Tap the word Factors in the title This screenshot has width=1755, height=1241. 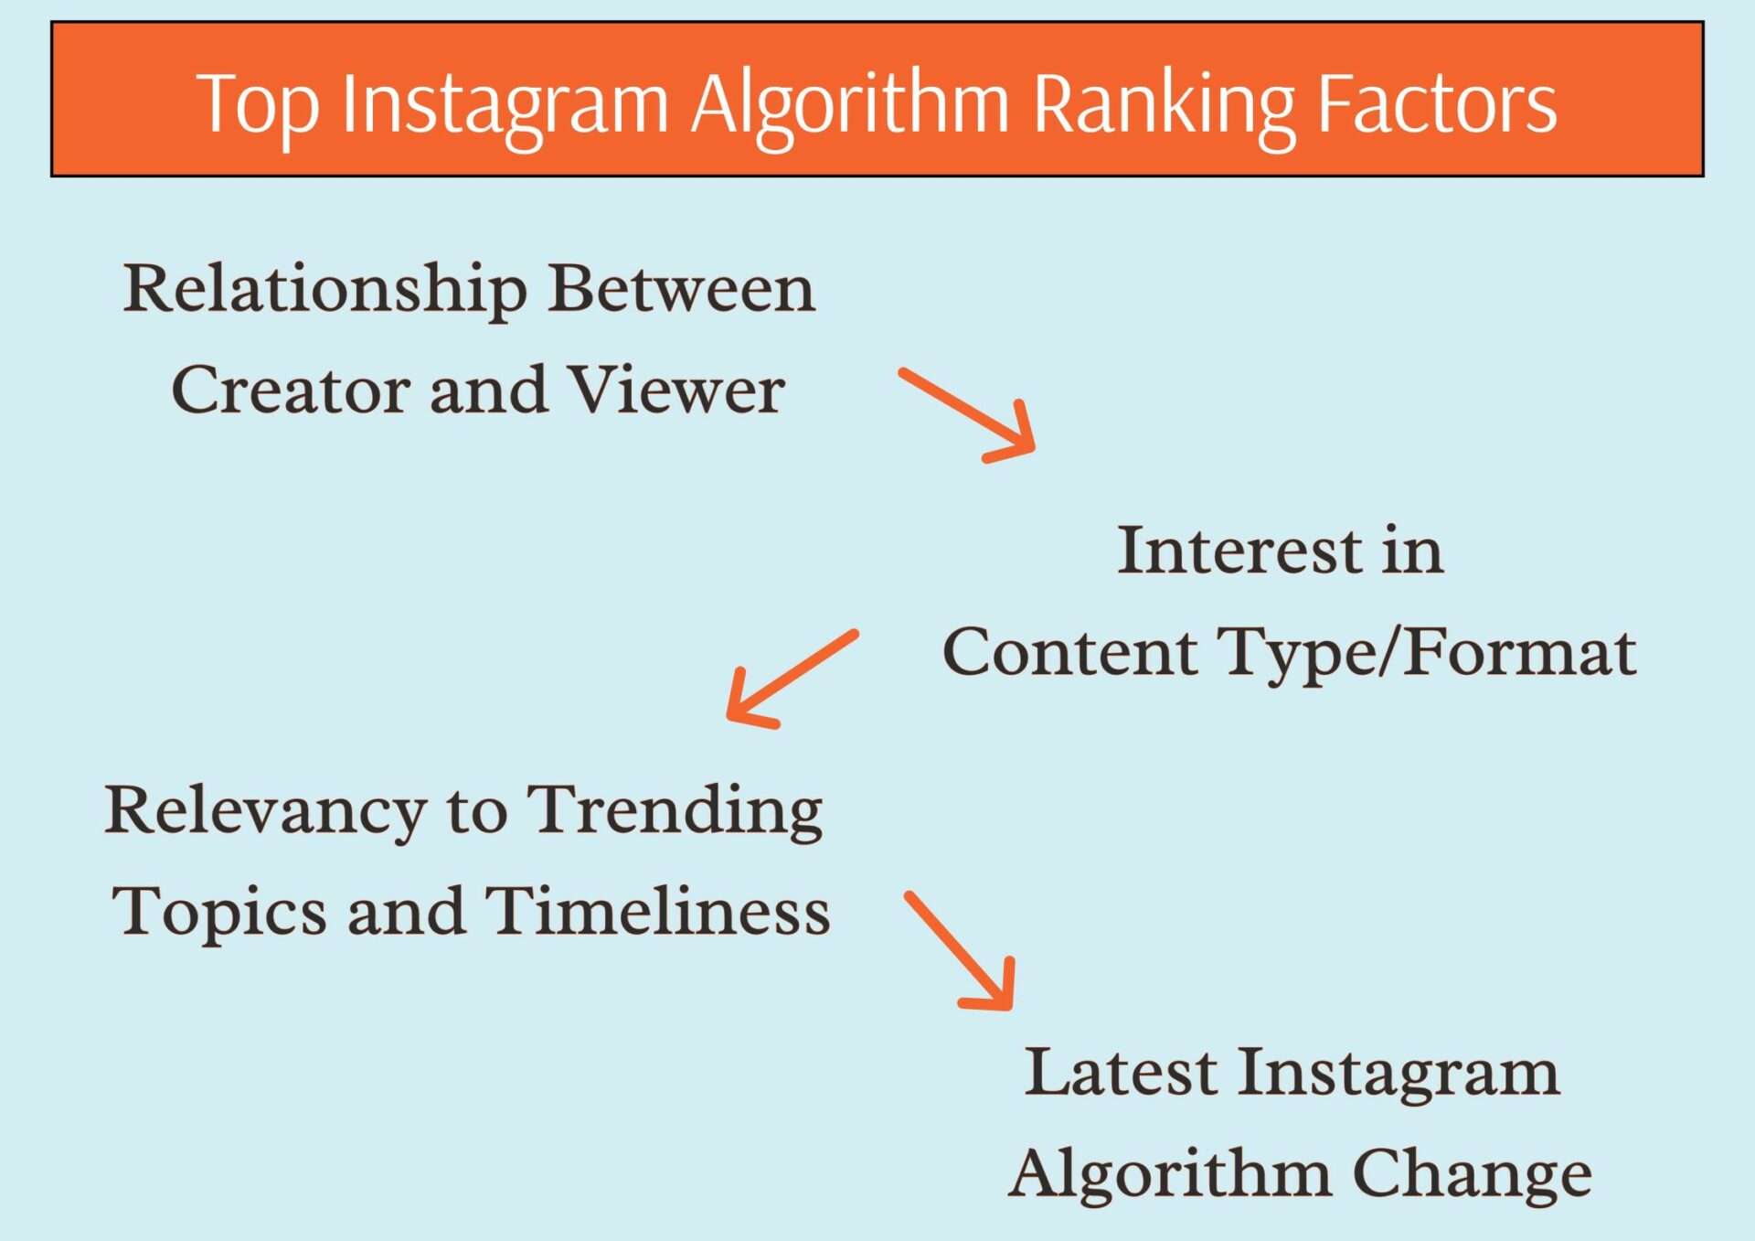pyautogui.click(x=1437, y=104)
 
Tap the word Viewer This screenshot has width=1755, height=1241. pyautogui.click(x=676, y=390)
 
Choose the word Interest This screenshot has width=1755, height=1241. pyautogui.click(x=1239, y=551)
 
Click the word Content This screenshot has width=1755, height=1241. pyautogui.click(x=1069, y=653)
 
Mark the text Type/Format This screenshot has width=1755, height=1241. pyautogui.click(x=1428, y=653)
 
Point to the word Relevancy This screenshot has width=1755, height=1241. pyautogui.click(x=265, y=812)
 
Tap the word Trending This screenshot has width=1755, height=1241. pyautogui.click(x=676, y=812)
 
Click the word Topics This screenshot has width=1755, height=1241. pyautogui.click(x=218, y=913)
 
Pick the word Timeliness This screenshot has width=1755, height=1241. pyautogui.click(x=657, y=911)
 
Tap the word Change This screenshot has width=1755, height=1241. pyautogui.click(x=1472, y=1173)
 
